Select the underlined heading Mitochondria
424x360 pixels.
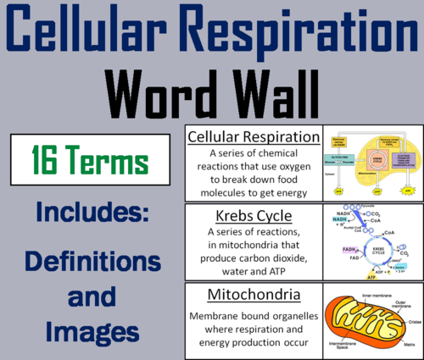(x=252, y=296)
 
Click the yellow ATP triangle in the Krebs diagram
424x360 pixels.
(x=349, y=275)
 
